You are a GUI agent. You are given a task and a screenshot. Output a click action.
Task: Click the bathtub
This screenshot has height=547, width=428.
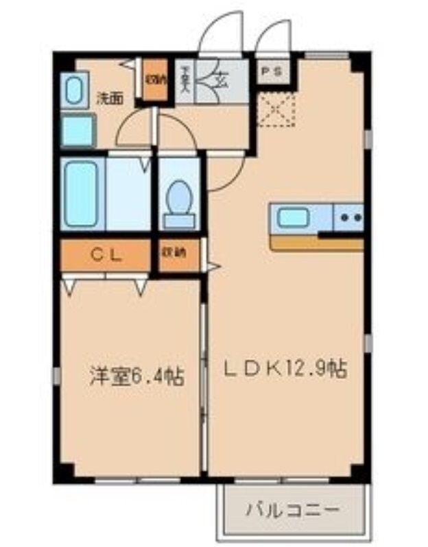click(x=82, y=194)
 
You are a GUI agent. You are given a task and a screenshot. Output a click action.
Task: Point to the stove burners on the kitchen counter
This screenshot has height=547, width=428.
click(x=348, y=219)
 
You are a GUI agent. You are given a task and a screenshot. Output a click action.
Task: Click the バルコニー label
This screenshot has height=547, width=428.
click(x=292, y=510)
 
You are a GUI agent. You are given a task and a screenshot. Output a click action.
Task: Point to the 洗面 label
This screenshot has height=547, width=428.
click(x=109, y=97)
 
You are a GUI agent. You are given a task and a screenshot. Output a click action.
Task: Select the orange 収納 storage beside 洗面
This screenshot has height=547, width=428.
click(x=156, y=81)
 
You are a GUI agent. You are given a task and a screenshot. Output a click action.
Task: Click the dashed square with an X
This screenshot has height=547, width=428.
click(x=276, y=112)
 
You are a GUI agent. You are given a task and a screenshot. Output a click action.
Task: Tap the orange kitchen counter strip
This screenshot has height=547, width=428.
click(x=316, y=243)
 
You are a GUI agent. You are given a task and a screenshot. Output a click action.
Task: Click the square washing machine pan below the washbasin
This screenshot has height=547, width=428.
click(x=77, y=131)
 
